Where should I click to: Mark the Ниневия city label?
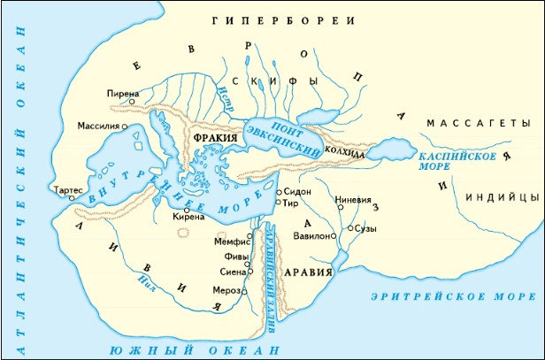coord(354,199)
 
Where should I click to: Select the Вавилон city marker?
coord(334,237)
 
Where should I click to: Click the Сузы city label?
coord(365,227)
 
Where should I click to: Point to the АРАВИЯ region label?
coord(309,272)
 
